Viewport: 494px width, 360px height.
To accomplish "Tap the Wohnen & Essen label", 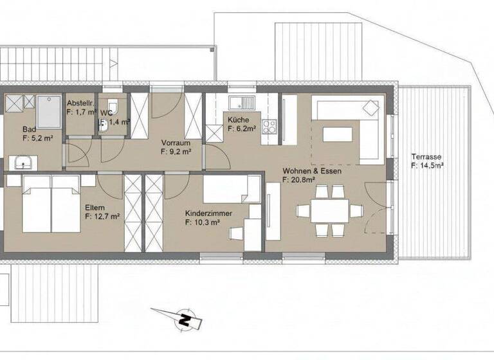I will (x=311, y=171).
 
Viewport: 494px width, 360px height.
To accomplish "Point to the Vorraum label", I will (x=176, y=143).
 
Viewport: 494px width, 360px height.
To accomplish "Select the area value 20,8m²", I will (x=302, y=181).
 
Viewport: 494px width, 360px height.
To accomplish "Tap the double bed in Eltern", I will (x=51, y=204).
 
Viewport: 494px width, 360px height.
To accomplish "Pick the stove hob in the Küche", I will (x=270, y=127).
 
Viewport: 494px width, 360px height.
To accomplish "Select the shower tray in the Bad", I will (x=48, y=111).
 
